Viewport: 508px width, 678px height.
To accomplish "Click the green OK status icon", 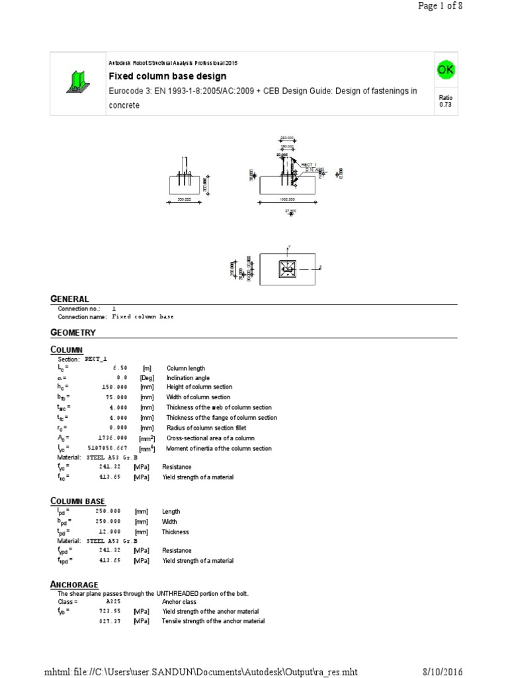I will click(444, 69).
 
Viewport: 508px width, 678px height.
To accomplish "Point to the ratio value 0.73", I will click(444, 105).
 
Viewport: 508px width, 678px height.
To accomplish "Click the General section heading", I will click(69, 299).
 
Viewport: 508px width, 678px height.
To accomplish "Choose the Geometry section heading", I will click(73, 332).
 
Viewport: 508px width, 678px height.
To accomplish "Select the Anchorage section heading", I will click(74, 584).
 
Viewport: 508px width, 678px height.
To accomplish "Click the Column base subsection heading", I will click(77, 501).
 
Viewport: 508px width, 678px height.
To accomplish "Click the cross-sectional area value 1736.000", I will click(113, 438).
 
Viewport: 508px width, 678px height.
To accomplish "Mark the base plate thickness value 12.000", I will click(115, 532).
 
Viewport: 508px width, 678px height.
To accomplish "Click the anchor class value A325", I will click(113, 602).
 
